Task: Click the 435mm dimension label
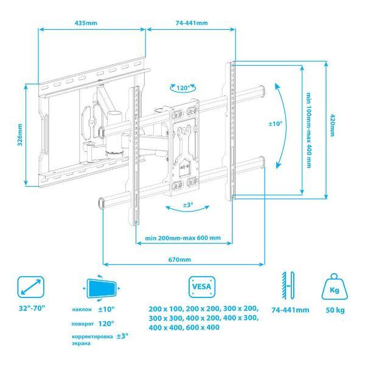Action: [86, 23]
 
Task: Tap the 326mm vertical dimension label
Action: [20, 135]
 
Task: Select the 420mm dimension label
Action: [333, 125]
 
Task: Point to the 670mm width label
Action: [179, 259]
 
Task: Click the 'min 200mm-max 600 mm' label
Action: [182, 238]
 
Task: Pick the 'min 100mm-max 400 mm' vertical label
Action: [308, 130]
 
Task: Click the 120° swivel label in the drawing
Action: [183, 88]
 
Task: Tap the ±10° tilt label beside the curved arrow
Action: [276, 123]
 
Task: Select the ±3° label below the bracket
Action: [188, 205]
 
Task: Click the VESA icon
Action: [202, 287]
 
